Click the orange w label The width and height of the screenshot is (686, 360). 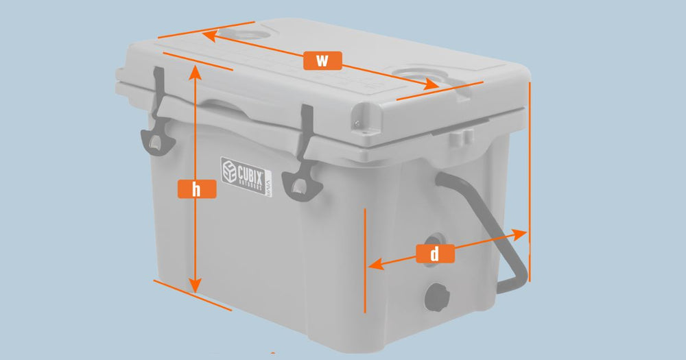tap(322, 60)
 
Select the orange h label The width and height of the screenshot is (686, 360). tap(197, 189)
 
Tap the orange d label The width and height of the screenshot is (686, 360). tap(435, 254)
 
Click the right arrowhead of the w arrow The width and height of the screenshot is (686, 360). tap(432, 85)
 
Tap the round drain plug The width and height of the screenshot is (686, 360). tap(436, 296)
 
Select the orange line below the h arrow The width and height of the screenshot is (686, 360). tap(192, 295)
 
